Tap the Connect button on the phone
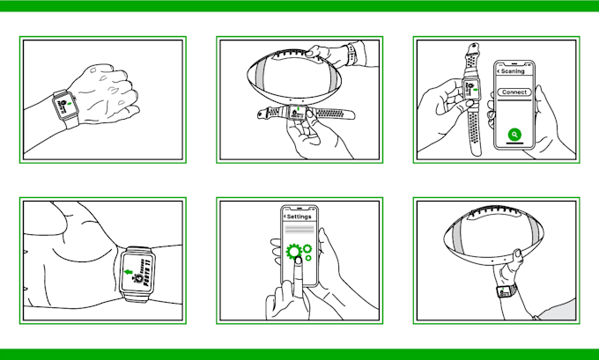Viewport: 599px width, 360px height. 514,92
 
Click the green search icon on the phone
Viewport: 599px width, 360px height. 515,136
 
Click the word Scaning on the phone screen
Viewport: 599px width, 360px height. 514,71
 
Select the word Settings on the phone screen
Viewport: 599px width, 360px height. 299,216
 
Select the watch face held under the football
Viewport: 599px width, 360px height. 295,112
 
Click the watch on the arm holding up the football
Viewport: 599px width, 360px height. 506,291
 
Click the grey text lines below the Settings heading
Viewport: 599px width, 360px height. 299,230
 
